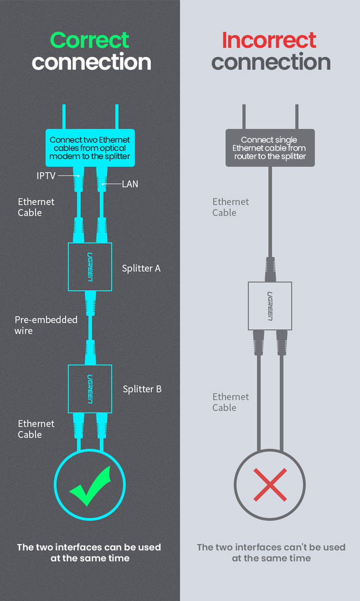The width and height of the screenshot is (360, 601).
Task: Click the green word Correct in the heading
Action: click(x=90, y=40)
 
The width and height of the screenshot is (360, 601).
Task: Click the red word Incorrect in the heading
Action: click(x=269, y=40)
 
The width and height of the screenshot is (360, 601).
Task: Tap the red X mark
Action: click(x=270, y=484)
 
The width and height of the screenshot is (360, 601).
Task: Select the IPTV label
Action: click(x=46, y=175)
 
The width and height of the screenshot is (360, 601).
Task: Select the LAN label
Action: click(x=130, y=184)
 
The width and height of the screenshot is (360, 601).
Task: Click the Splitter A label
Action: click(x=141, y=268)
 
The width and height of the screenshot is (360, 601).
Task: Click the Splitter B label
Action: click(x=142, y=389)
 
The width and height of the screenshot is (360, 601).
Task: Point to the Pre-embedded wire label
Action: click(x=46, y=325)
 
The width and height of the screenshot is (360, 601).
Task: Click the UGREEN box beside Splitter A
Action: click(x=90, y=267)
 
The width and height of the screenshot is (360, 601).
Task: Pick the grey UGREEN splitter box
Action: click(x=270, y=305)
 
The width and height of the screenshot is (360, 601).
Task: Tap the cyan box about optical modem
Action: click(x=90, y=148)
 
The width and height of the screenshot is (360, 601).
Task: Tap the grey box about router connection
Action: click(x=270, y=148)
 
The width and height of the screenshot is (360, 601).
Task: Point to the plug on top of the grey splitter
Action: click(x=270, y=268)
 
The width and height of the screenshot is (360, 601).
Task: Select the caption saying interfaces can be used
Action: click(x=90, y=552)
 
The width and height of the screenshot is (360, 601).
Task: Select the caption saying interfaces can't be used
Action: click(x=271, y=552)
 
